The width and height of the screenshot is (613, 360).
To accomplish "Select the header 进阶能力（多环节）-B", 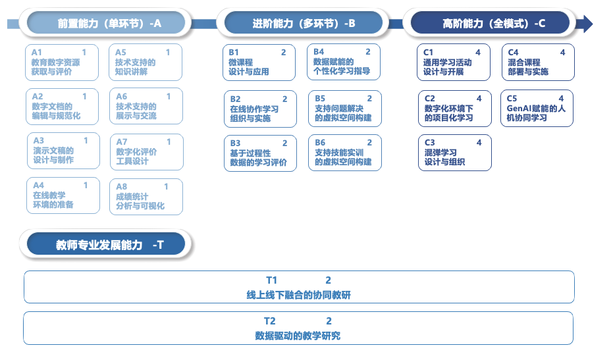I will [x=304, y=24].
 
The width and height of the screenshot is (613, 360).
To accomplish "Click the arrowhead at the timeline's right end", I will [x=585, y=24].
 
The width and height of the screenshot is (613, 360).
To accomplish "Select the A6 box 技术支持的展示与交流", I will [x=145, y=107].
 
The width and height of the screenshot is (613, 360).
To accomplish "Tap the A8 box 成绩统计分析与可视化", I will [x=145, y=196].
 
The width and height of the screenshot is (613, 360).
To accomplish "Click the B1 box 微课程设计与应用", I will [x=259, y=62].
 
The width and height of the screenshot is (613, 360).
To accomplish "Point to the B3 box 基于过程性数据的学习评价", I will [x=259, y=153].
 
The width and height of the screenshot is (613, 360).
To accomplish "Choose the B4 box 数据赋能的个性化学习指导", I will [x=343, y=62].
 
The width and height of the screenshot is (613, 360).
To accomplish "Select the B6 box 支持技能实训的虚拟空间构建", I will [x=343, y=153].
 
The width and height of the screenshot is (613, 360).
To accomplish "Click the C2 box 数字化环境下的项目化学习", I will [x=454, y=109].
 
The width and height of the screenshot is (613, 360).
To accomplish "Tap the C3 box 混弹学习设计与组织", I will [x=454, y=153].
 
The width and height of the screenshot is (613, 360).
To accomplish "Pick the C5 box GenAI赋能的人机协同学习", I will [x=537, y=109].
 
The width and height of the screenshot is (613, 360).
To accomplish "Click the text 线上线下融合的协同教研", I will [x=298, y=296].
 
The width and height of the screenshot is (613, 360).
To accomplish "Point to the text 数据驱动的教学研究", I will [x=298, y=336].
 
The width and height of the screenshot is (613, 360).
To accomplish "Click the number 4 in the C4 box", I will [x=562, y=53].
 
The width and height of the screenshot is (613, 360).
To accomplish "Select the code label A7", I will [x=122, y=142].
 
